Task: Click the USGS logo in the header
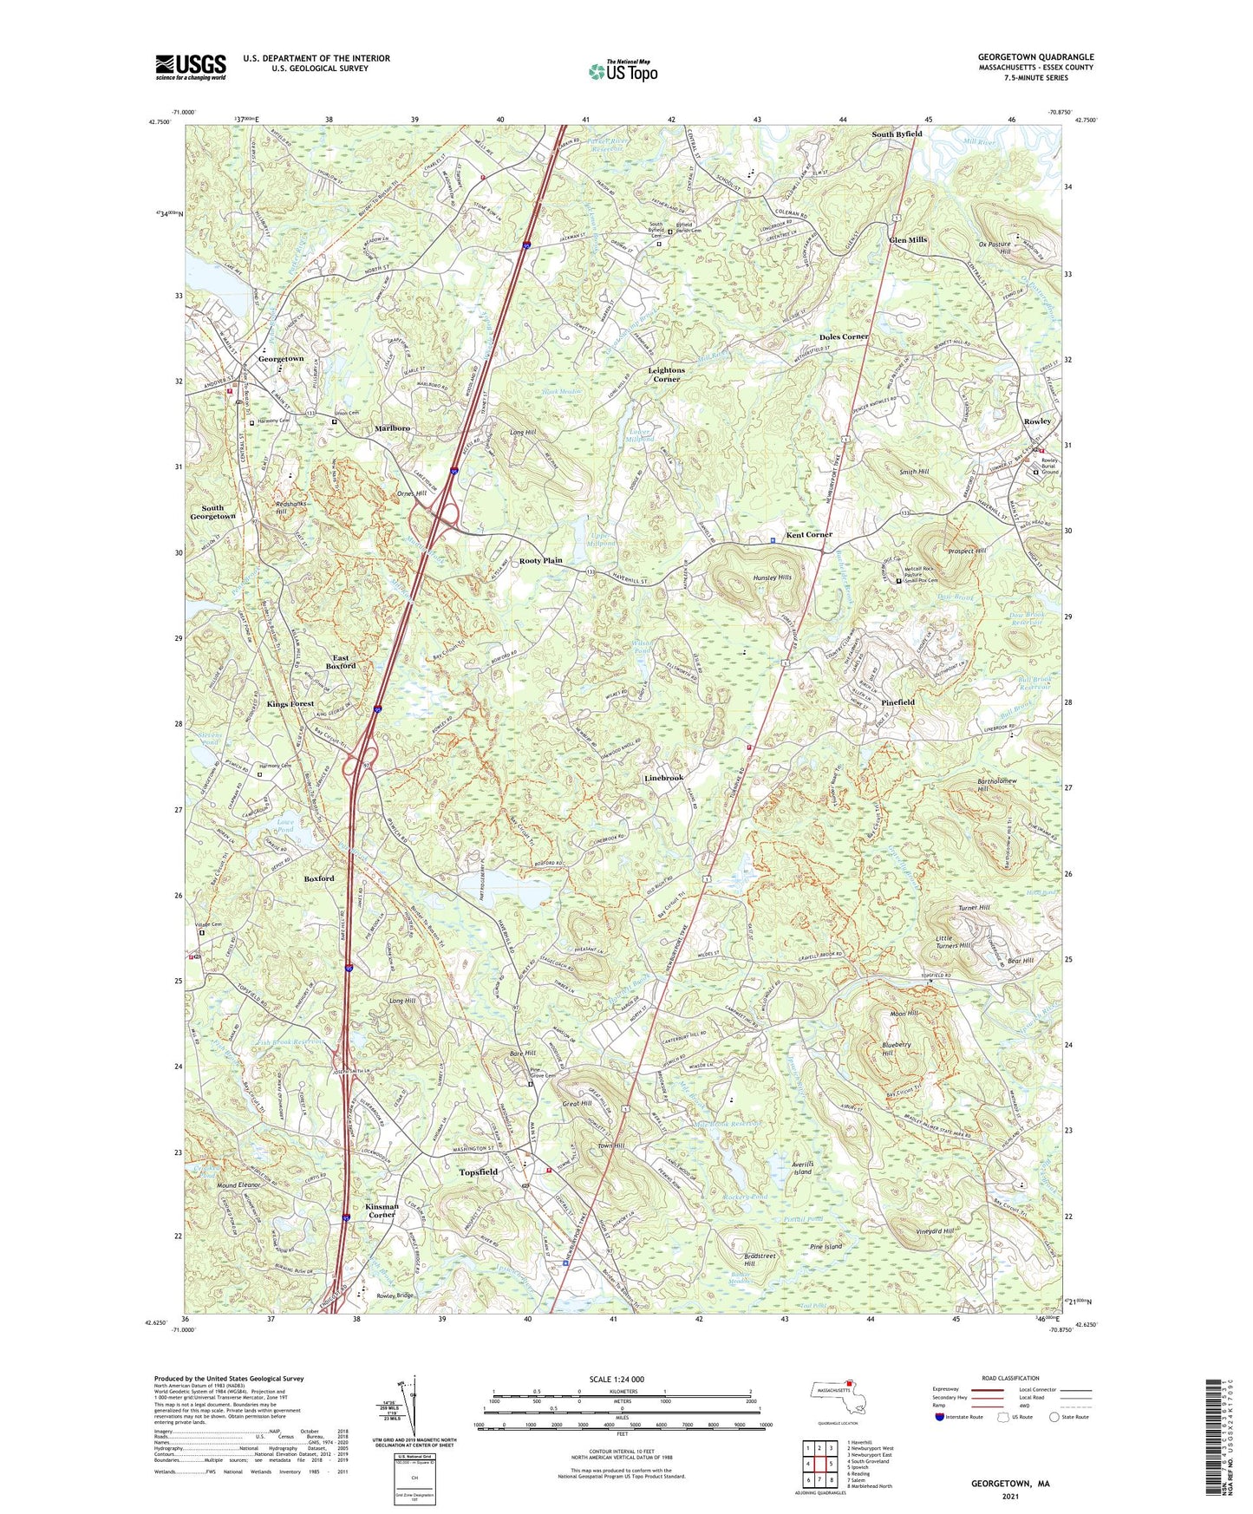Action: coord(191,67)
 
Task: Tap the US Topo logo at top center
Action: coord(623,71)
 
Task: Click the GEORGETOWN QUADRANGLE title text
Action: coord(1035,57)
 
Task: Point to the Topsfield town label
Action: coord(478,1172)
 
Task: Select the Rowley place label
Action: coord(1037,421)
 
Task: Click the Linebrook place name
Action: coord(664,778)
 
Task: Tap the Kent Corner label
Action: coord(809,535)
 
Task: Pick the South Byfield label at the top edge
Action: coord(897,134)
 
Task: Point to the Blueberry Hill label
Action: coord(896,1049)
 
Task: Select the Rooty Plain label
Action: coord(541,561)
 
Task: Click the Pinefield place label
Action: coord(897,702)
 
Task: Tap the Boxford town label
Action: coord(318,878)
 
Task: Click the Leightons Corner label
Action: coord(666,375)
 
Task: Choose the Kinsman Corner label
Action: coord(382,1211)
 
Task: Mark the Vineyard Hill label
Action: coord(935,1231)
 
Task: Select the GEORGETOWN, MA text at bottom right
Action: coord(1009,1484)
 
